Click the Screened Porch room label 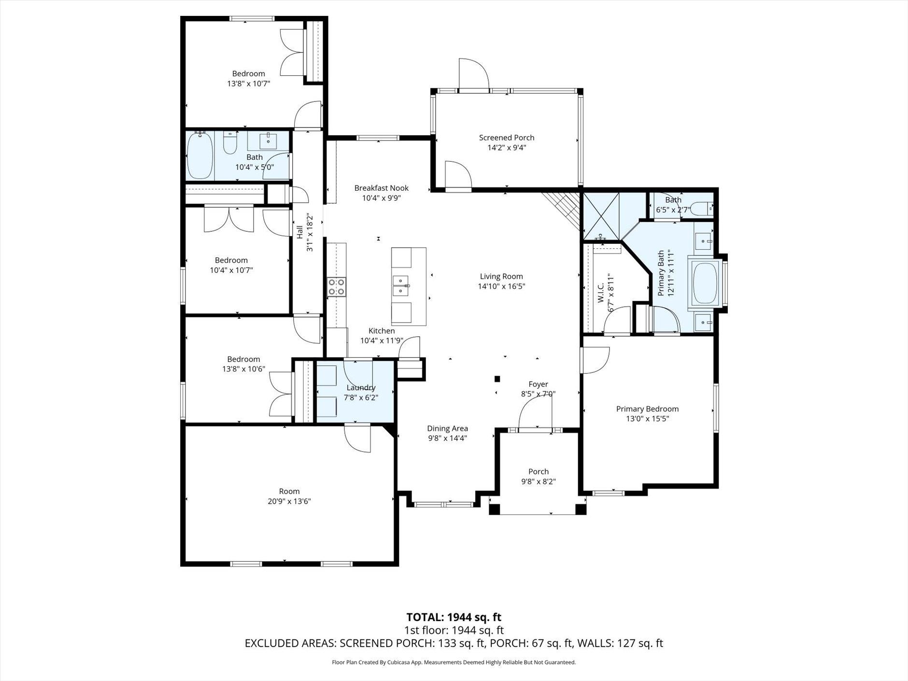pyautogui.click(x=506, y=138)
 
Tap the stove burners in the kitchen pyautogui.click(x=336, y=286)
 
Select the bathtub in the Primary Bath pyautogui.click(x=706, y=283)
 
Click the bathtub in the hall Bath pyautogui.click(x=199, y=156)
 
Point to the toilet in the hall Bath pyautogui.click(x=230, y=143)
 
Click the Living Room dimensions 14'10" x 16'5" pyautogui.click(x=501, y=286)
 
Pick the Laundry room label pyautogui.click(x=361, y=388)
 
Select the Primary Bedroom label pyautogui.click(x=647, y=409)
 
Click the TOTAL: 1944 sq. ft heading pyautogui.click(x=454, y=617)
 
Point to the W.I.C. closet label pyautogui.click(x=601, y=293)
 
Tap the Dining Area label pyautogui.click(x=447, y=428)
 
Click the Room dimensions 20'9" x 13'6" pyautogui.click(x=289, y=501)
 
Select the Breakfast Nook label pyautogui.click(x=381, y=188)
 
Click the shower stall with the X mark pyautogui.click(x=601, y=216)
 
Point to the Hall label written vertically pyautogui.click(x=299, y=232)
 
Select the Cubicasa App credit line pyautogui.click(x=454, y=663)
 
